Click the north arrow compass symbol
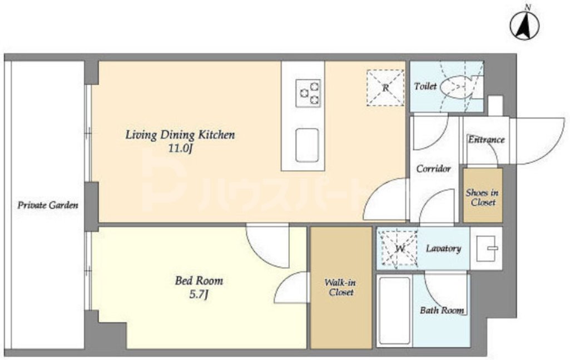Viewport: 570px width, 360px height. [524, 25]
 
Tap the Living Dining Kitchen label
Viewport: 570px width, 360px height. [180, 135]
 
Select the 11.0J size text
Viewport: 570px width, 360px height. [180, 149]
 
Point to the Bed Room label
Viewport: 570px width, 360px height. [199, 280]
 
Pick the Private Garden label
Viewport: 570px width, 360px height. [48, 205]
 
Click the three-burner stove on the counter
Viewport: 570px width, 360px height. [308, 93]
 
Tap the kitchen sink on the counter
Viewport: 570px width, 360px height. [307, 145]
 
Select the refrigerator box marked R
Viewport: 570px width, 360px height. [385, 88]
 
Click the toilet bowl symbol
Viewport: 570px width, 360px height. [455, 87]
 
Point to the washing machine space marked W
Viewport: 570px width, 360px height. [399, 249]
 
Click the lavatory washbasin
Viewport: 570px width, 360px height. [486, 249]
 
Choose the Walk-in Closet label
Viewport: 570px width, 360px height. [341, 287]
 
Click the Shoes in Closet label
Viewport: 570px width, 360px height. [482, 198]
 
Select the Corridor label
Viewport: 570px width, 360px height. [433, 169]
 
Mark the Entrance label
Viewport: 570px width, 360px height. [486, 140]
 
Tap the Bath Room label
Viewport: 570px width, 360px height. [442, 310]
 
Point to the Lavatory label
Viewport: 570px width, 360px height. [444, 249]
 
